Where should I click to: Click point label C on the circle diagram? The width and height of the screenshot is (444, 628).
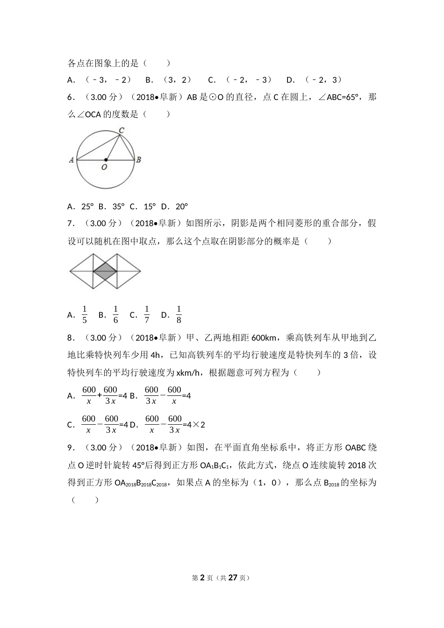tap(121, 130)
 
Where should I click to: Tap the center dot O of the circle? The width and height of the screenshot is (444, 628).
tap(106, 160)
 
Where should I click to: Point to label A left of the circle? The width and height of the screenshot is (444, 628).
tap(72, 160)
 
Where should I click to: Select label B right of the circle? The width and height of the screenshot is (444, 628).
tap(139, 160)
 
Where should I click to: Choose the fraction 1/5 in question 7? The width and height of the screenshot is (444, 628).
tap(85, 314)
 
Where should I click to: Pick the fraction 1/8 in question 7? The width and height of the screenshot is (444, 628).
tap(179, 314)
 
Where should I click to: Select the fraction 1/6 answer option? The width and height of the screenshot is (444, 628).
tap(115, 314)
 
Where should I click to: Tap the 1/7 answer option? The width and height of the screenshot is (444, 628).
tap(147, 314)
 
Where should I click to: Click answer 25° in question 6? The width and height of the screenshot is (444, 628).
tap(87, 207)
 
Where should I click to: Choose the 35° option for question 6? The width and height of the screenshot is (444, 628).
tap(119, 207)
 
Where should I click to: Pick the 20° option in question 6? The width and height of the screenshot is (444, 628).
tap(181, 207)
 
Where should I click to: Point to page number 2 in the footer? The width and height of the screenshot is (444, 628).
tap(202, 578)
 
